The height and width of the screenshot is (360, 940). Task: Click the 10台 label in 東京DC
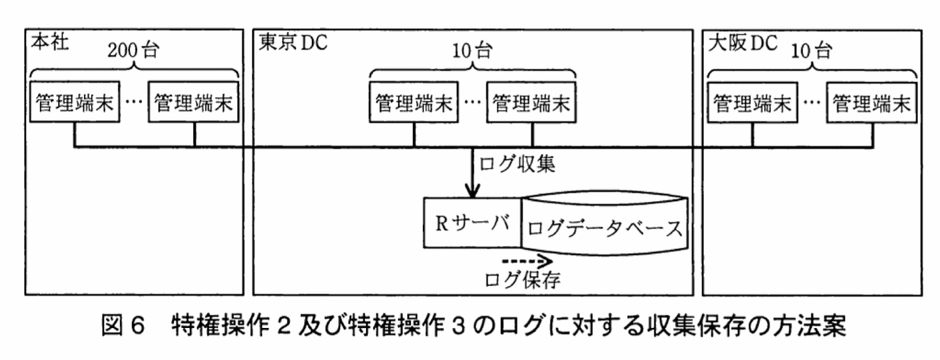click(x=472, y=51)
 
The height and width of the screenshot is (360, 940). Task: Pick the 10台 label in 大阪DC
click(x=811, y=51)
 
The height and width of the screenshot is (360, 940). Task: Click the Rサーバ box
click(x=472, y=223)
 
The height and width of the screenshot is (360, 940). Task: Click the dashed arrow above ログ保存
click(x=523, y=261)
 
